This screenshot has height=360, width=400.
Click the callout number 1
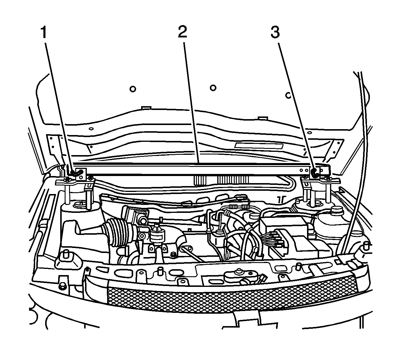click(x=44, y=32)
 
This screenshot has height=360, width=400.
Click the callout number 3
click(x=275, y=32)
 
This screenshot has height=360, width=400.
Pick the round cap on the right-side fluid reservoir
click(x=336, y=210)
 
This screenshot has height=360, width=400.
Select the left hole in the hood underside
click(x=133, y=88)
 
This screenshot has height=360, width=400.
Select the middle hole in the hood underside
click(x=213, y=88)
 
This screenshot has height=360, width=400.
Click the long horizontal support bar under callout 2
click(x=192, y=170)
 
